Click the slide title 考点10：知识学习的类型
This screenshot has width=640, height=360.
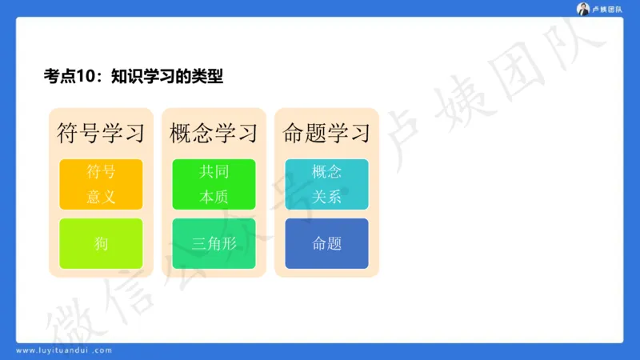(x=133, y=77)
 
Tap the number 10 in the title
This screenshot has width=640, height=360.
(x=86, y=77)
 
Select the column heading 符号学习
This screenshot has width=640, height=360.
(x=101, y=132)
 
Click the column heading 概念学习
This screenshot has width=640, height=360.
(x=214, y=132)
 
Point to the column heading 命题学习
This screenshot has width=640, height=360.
(x=326, y=132)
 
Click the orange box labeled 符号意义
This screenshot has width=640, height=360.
(x=101, y=184)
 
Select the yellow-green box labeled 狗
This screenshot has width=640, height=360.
(x=101, y=244)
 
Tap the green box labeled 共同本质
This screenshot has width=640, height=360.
(x=214, y=184)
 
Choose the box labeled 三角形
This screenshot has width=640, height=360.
(x=214, y=244)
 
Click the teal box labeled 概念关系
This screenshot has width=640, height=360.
(x=326, y=184)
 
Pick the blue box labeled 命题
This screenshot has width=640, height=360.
(x=326, y=244)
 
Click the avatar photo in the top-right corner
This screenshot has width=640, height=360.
(x=583, y=9)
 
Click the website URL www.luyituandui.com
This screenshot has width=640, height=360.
(x=64, y=350)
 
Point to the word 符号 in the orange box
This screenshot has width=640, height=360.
(x=101, y=171)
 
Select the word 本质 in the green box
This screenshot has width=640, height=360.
(x=214, y=197)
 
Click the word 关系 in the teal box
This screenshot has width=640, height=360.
(x=326, y=197)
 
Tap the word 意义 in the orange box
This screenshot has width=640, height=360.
(x=101, y=197)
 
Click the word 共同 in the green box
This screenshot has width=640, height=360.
(x=214, y=171)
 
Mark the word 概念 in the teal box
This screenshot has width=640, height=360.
(x=326, y=171)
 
